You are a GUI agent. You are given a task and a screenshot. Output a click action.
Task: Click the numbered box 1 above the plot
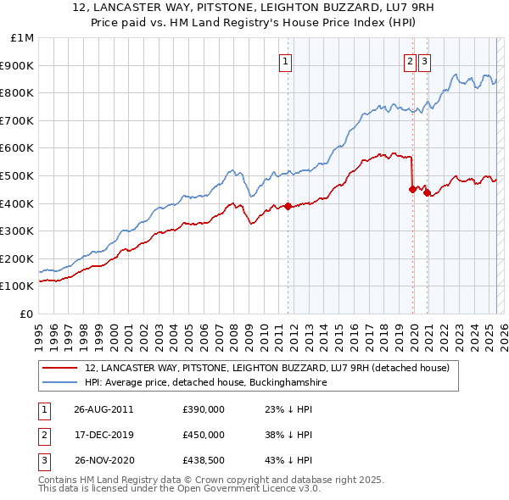[286, 60]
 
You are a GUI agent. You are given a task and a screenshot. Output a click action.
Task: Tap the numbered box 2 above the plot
[411, 60]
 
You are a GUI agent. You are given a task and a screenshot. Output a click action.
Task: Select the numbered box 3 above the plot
[424, 60]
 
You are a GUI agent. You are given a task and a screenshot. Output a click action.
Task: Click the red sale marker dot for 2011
[288, 206]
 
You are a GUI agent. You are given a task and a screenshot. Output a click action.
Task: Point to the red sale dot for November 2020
[427, 192]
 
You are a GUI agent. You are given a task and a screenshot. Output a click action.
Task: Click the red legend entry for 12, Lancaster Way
[271, 369]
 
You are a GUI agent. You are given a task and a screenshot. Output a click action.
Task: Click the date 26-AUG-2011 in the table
[103, 409]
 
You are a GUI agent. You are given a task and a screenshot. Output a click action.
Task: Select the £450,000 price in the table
[204, 435]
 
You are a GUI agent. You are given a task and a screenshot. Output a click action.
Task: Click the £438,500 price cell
[204, 460]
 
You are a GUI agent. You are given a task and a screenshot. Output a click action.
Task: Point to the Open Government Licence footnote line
[180, 489]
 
